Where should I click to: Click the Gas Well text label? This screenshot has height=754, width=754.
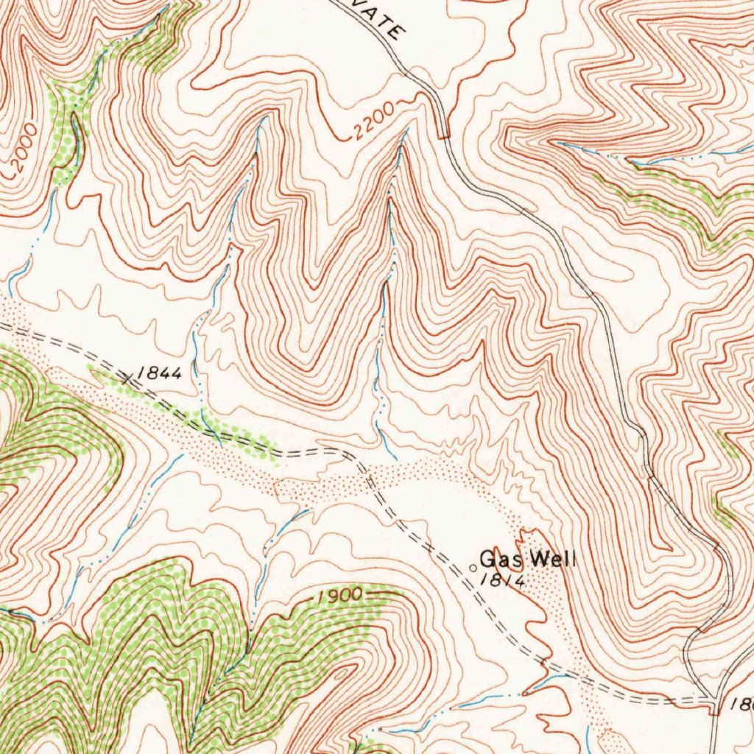528,559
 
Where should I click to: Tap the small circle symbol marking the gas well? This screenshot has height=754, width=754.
473,567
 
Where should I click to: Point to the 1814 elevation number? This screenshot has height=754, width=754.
501,579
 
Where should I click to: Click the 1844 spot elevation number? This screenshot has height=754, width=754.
160,373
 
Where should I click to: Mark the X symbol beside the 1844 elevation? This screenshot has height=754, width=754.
128,378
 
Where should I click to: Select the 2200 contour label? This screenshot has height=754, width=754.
373,123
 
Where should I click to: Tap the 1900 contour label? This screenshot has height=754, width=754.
341,594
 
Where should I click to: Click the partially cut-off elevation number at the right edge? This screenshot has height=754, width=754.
742,704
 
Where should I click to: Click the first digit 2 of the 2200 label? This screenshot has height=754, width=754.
358,133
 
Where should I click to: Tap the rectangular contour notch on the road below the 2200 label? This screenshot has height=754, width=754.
443,133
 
